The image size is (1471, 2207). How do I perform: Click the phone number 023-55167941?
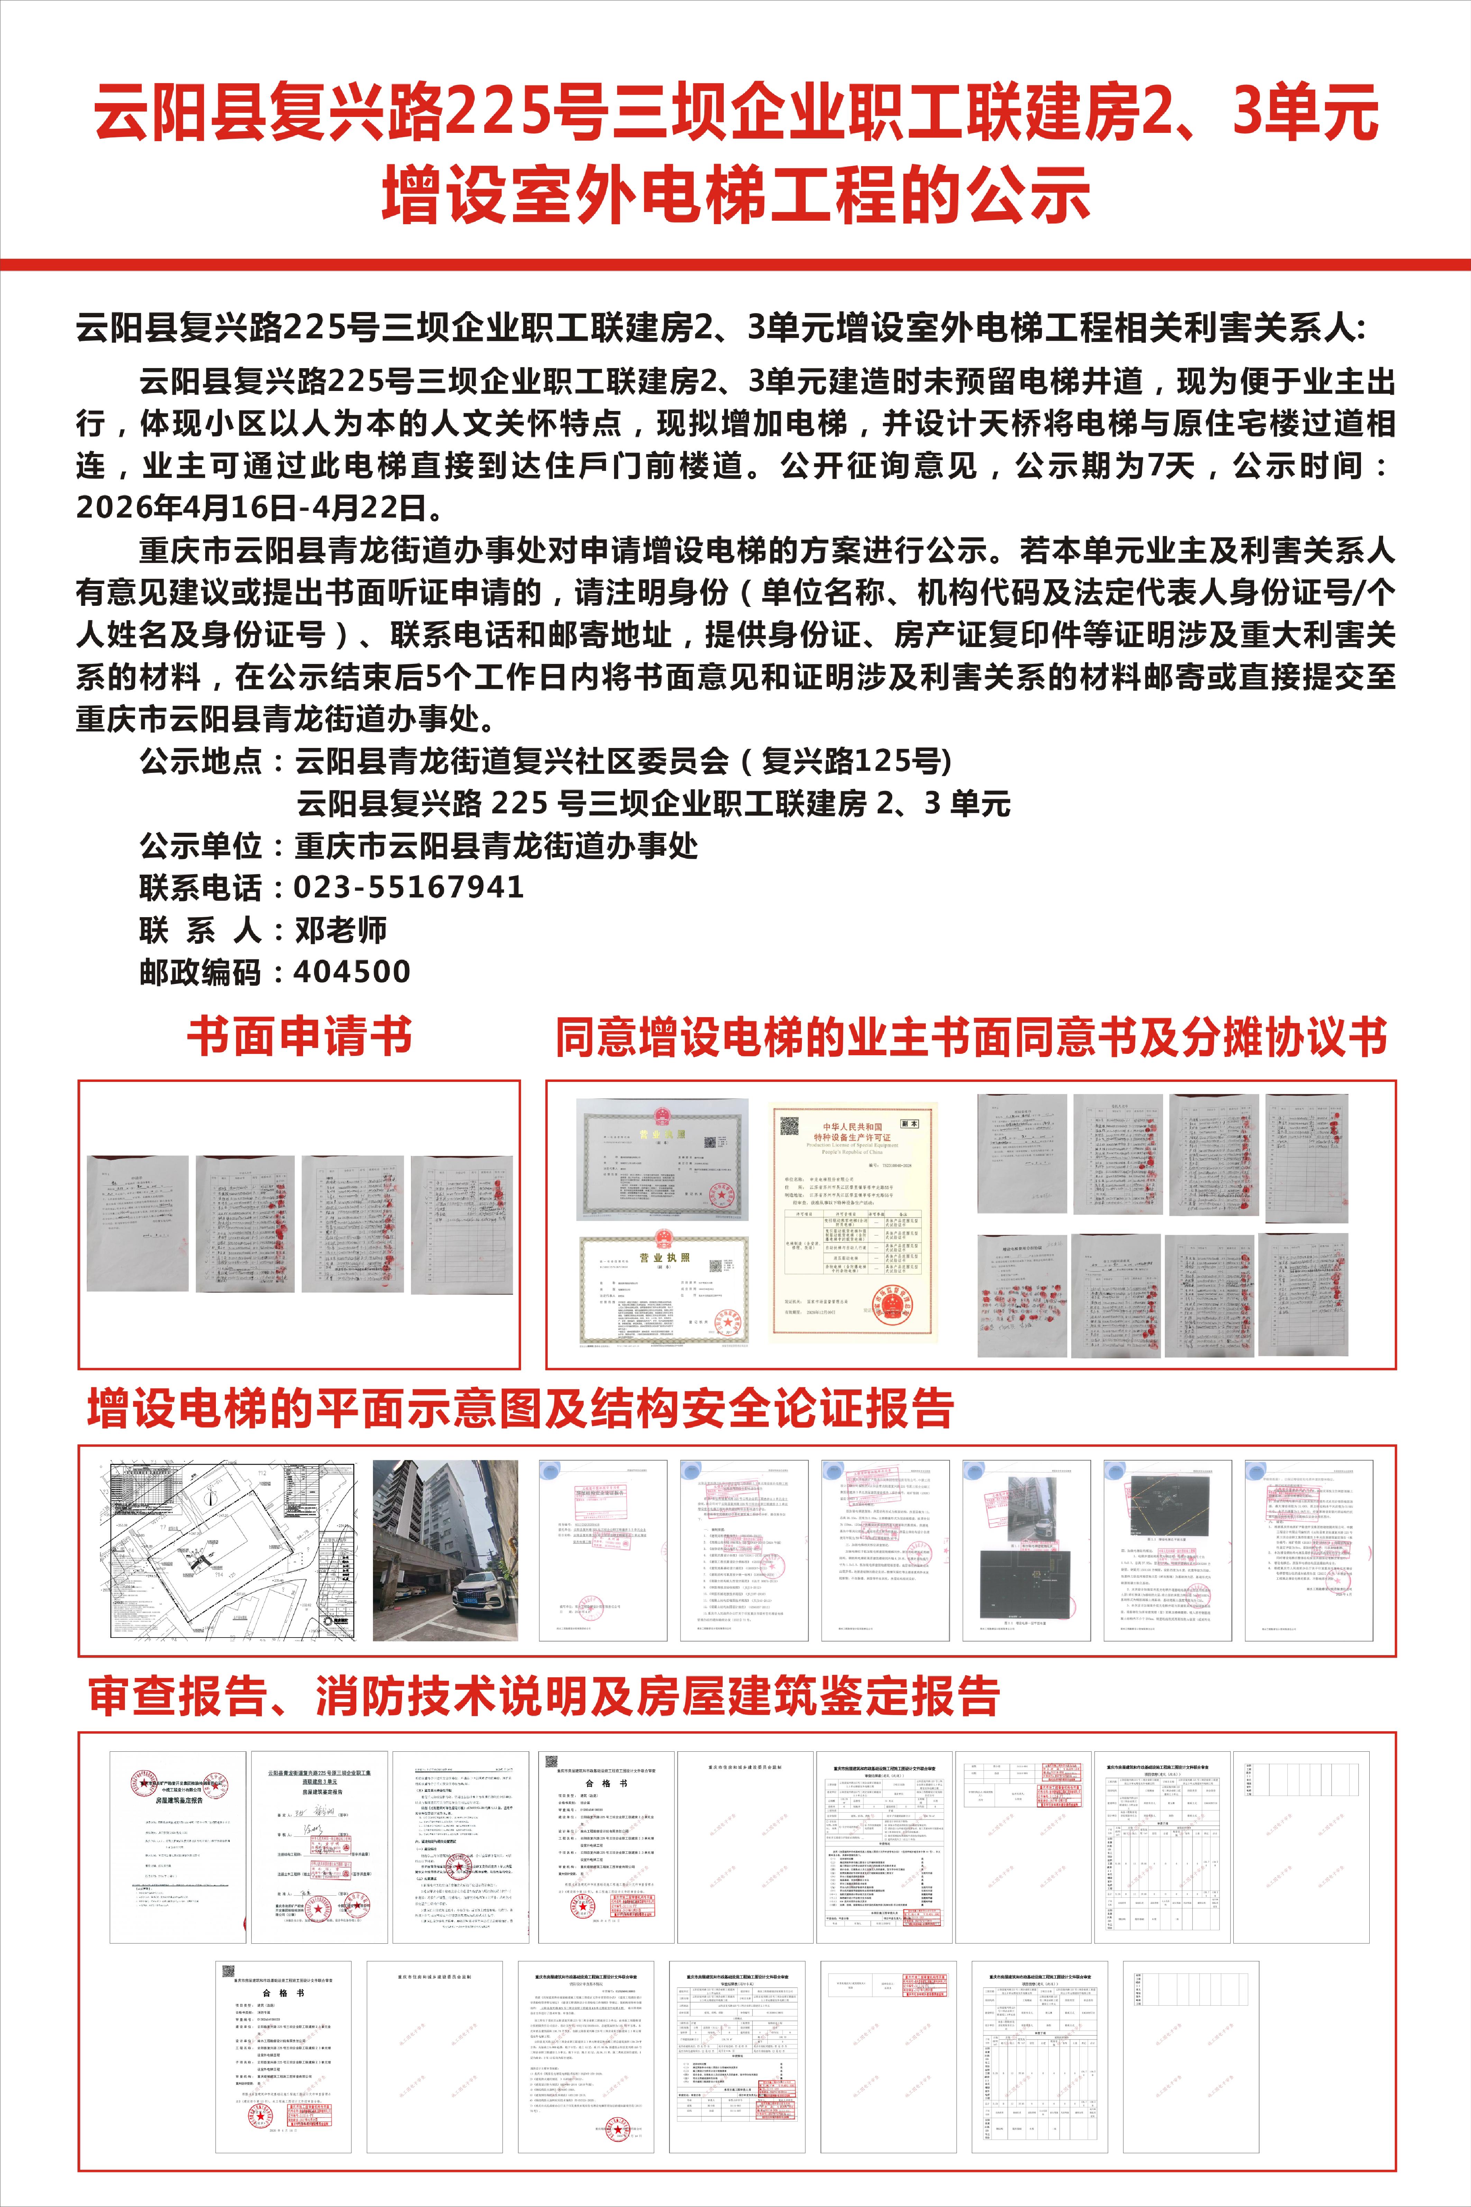tap(408, 887)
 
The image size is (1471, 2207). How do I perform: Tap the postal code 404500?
tap(352, 972)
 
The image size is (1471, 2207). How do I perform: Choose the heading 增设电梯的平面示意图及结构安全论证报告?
tap(521, 1409)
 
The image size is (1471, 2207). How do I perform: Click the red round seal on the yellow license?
tap(896, 1304)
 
